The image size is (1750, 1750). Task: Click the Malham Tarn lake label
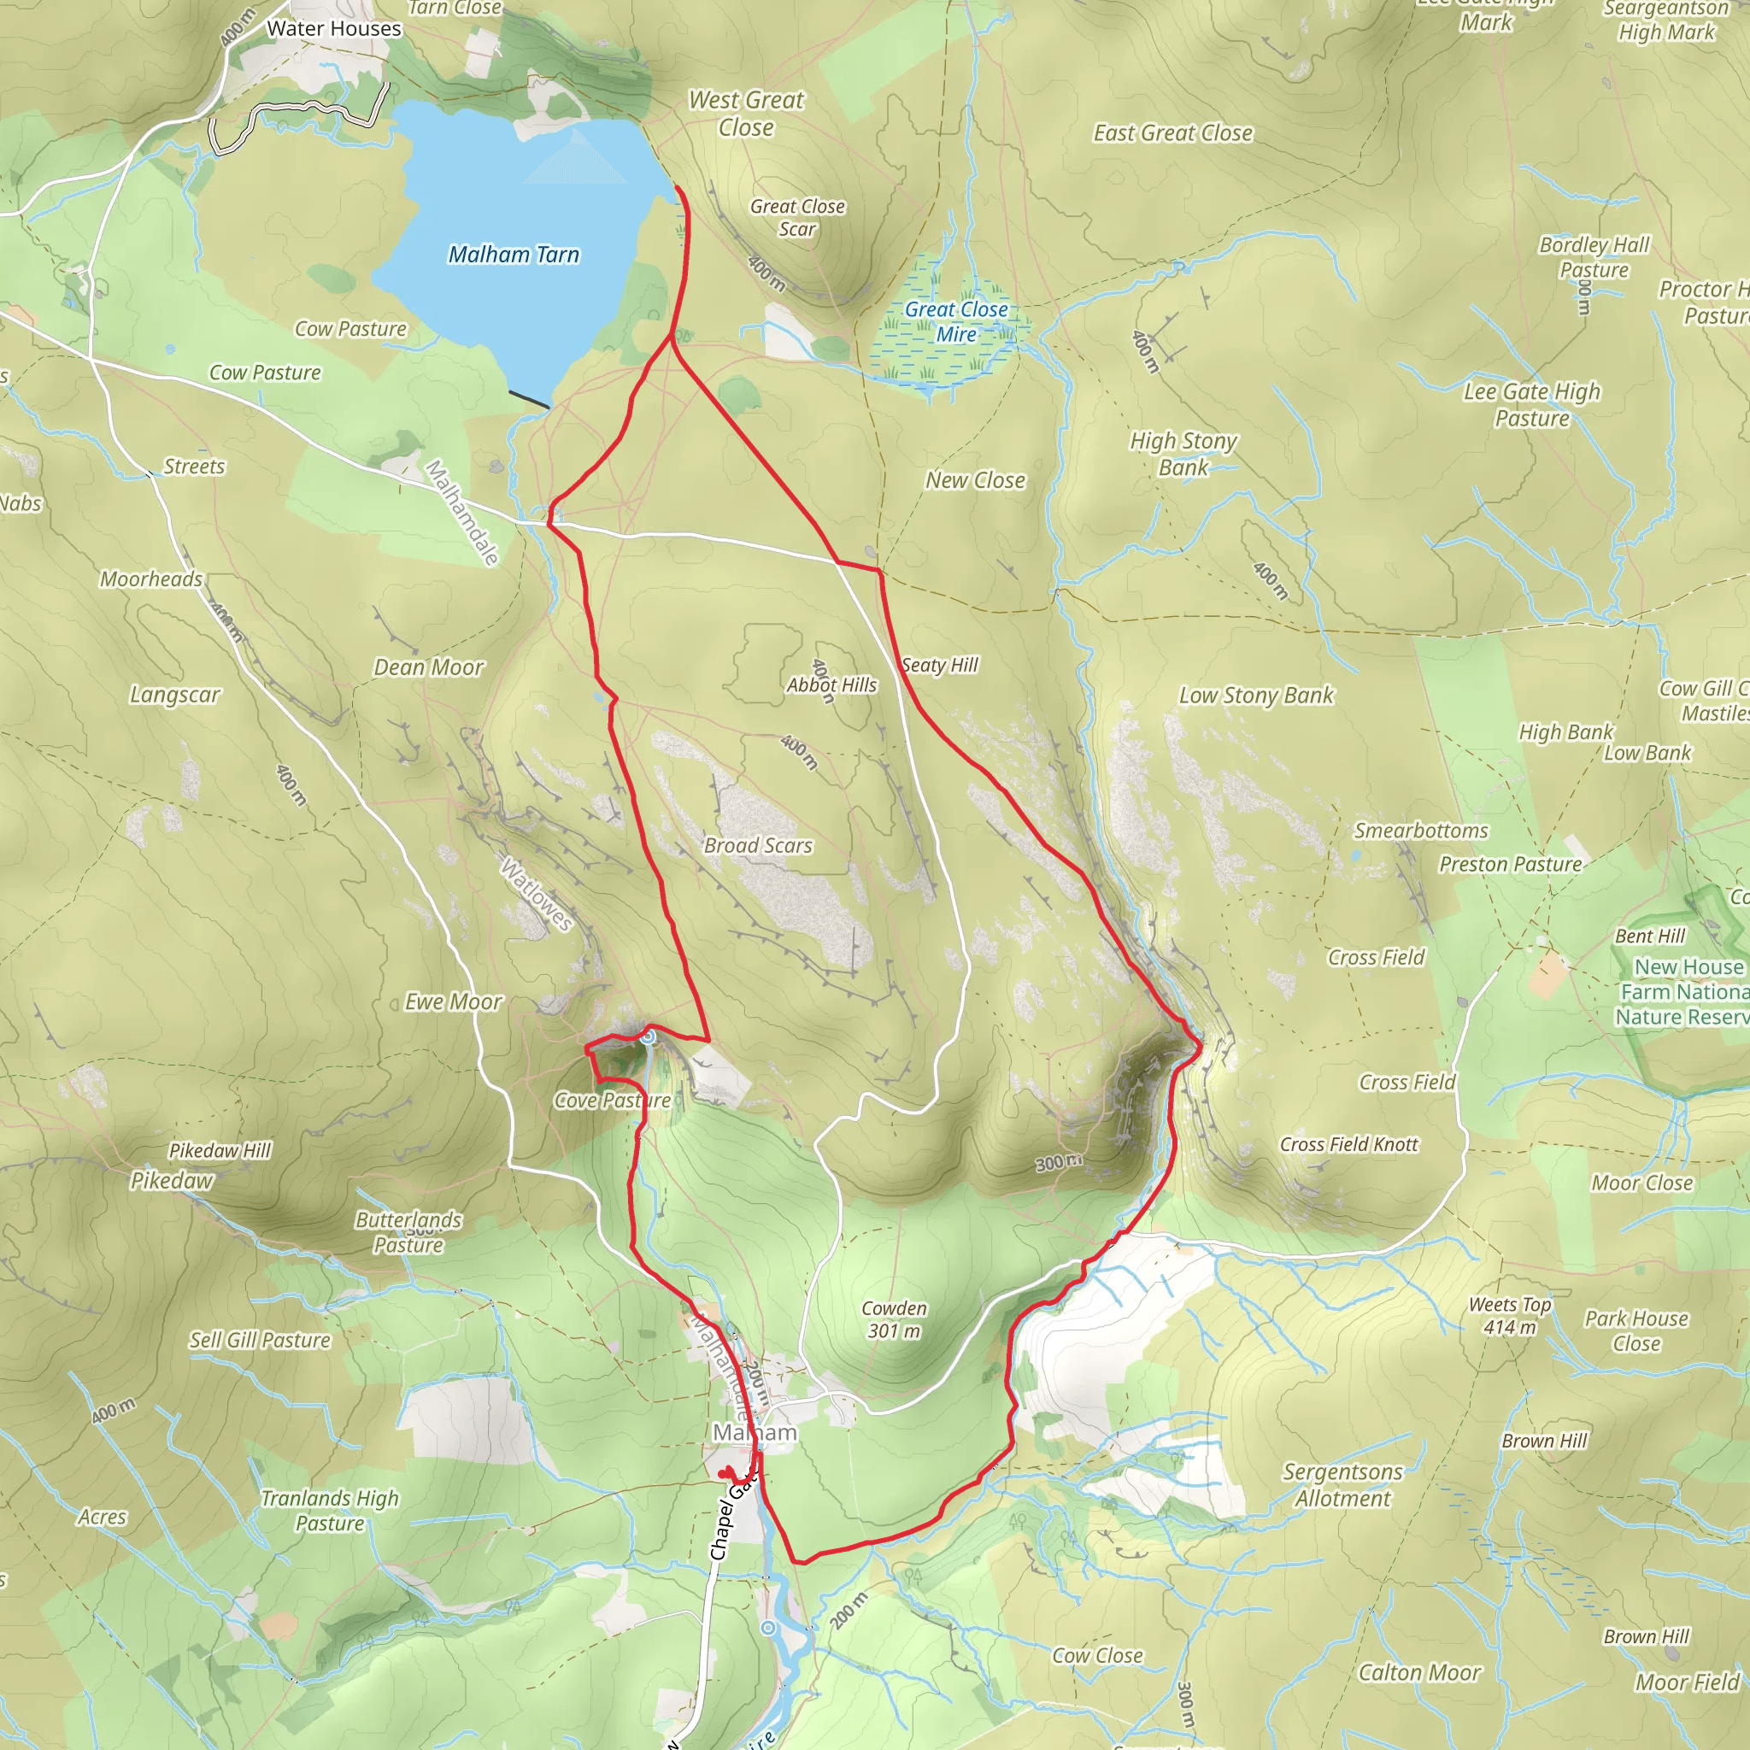point(514,255)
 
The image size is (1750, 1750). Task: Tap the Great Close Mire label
point(956,321)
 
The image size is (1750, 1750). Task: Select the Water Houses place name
point(333,29)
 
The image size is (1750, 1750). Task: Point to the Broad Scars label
point(758,845)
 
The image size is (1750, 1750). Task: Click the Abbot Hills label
point(831,684)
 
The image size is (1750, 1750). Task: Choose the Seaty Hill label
point(940,665)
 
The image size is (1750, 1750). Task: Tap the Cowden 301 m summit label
point(894,1319)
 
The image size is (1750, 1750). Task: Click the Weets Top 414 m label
point(1509,1316)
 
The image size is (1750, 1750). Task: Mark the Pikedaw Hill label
point(220,1150)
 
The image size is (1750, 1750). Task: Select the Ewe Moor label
point(453,1001)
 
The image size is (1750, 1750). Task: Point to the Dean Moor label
point(429,667)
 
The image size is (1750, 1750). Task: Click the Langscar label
point(175,695)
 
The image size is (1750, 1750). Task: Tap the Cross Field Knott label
point(1348,1145)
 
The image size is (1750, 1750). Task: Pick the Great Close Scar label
point(797,217)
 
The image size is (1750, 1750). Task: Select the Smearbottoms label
point(1420,831)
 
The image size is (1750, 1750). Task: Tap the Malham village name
point(755,1432)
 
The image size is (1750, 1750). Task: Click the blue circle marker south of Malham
point(768,1628)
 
